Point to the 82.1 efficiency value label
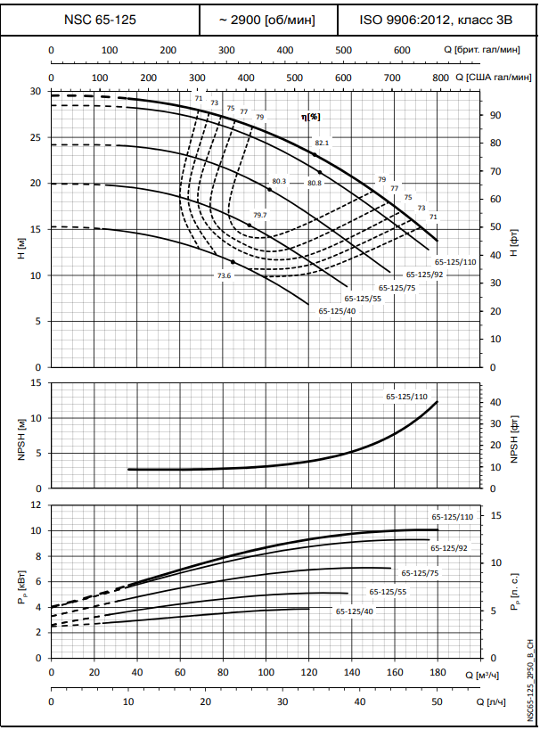pyautogui.click(x=322, y=143)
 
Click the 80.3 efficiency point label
pyautogui.click(x=279, y=182)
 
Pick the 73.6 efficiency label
pyautogui.click(x=224, y=276)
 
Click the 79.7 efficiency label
pyautogui.click(x=260, y=216)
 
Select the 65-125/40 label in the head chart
pyautogui.click(x=337, y=311)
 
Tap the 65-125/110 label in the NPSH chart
pyautogui.click(x=407, y=395)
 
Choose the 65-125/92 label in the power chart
pyautogui.click(x=449, y=548)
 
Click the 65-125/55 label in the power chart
pyautogui.click(x=389, y=592)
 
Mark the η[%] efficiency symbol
pyautogui.click(x=310, y=117)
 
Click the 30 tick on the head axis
pyautogui.click(x=36, y=92)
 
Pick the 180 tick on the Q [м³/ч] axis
pyautogui.click(x=437, y=671)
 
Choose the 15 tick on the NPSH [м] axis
pyautogui.click(x=36, y=383)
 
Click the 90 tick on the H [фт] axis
pyautogui.click(x=495, y=115)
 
